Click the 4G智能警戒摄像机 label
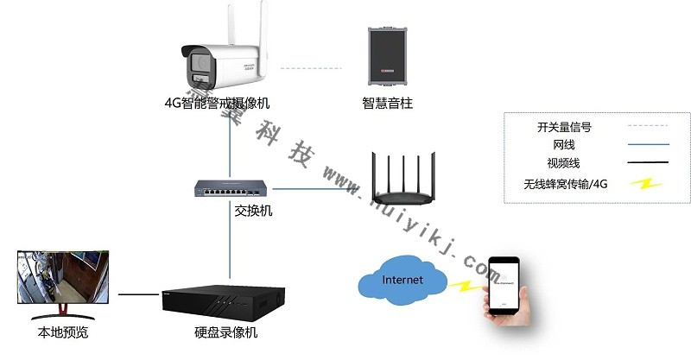[217, 103]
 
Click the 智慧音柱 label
[388, 103]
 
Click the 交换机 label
[253, 210]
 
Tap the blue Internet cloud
[403, 281]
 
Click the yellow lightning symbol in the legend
[645, 183]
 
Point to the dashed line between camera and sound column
[311, 66]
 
